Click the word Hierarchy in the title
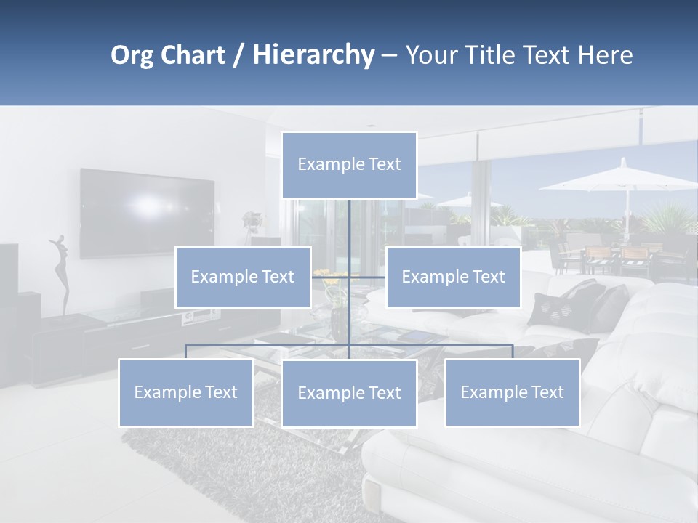coord(313,55)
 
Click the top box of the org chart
coord(349,165)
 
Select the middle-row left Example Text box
coord(243,277)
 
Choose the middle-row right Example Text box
coord(453,277)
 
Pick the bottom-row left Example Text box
coord(186,392)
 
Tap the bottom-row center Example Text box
coord(349,393)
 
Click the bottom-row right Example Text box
coord(512,392)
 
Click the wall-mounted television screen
coord(147,213)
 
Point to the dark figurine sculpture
coord(61,273)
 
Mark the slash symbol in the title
coord(238,56)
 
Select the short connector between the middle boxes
coord(348,277)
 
